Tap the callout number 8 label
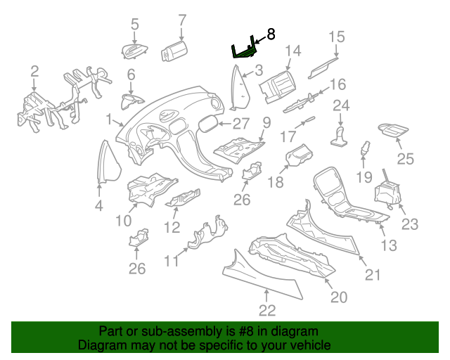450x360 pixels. [x=271, y=34]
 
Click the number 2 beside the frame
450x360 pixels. [x=34, y=71]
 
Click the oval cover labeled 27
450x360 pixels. [x=208, y=125]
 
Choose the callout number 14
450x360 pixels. [x=292, y=51]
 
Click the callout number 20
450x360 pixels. [x=339, y=297]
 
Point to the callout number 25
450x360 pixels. [x=406, y=159]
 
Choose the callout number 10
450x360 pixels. [x=124, y=220]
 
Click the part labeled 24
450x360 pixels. [x=340, y=134]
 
